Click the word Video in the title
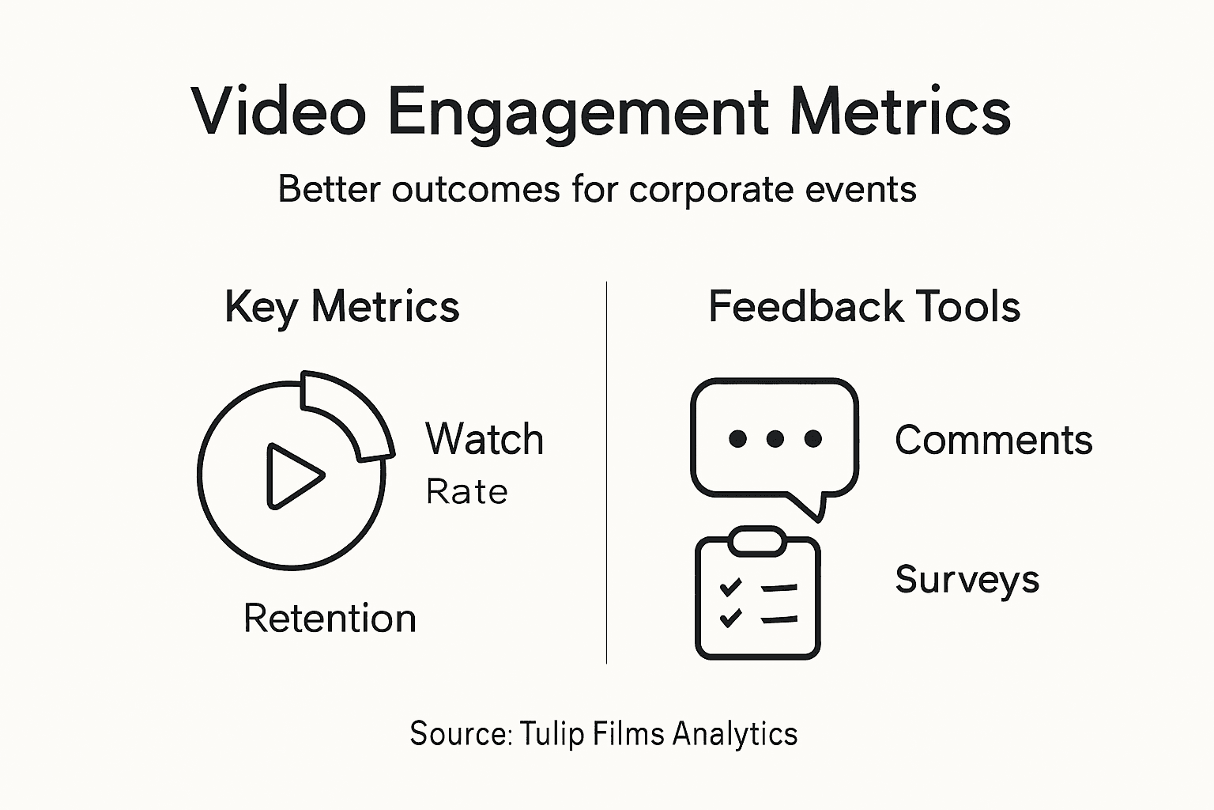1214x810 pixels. (278, 112)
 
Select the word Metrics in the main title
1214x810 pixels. (900, 112)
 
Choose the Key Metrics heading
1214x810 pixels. (341, 307)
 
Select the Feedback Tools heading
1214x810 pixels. (864, 307)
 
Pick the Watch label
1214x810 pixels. (484, 439)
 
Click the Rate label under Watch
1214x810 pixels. (466, 492)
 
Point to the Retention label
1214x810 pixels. (330, 619)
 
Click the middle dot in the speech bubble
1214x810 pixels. (775, 438)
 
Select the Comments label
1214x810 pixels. (993, 440)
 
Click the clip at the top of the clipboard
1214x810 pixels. (757, 542)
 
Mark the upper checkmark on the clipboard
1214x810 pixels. (731, 587)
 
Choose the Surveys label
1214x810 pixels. (967, 580)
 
